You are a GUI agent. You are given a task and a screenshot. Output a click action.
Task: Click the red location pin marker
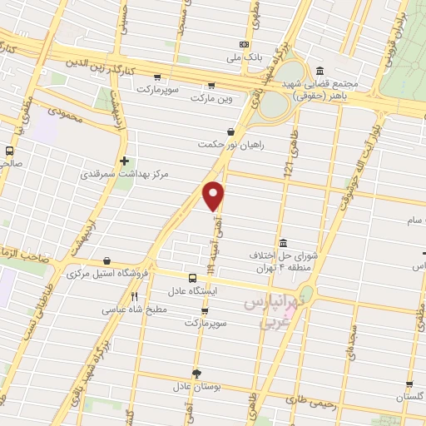click(x=215, y=196)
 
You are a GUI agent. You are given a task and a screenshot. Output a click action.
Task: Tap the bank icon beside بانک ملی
click(x=244, y=44)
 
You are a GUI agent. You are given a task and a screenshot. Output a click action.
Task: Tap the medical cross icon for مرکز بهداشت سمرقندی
click(x=124, y=161)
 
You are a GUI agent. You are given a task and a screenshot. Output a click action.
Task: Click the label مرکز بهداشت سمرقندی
click(x=113, y=175)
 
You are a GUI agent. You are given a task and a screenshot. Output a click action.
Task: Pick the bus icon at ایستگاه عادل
click(x=192, y=278)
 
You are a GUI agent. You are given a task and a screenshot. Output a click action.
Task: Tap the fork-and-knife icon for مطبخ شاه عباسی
click(x=135, y=295)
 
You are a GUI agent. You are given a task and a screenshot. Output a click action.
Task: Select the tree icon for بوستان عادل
click(x=196, y=374)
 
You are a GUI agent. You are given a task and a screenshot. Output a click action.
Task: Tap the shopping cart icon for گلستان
click(x=409, y=385)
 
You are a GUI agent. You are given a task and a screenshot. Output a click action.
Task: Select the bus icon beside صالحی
click(x=9, y=151)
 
